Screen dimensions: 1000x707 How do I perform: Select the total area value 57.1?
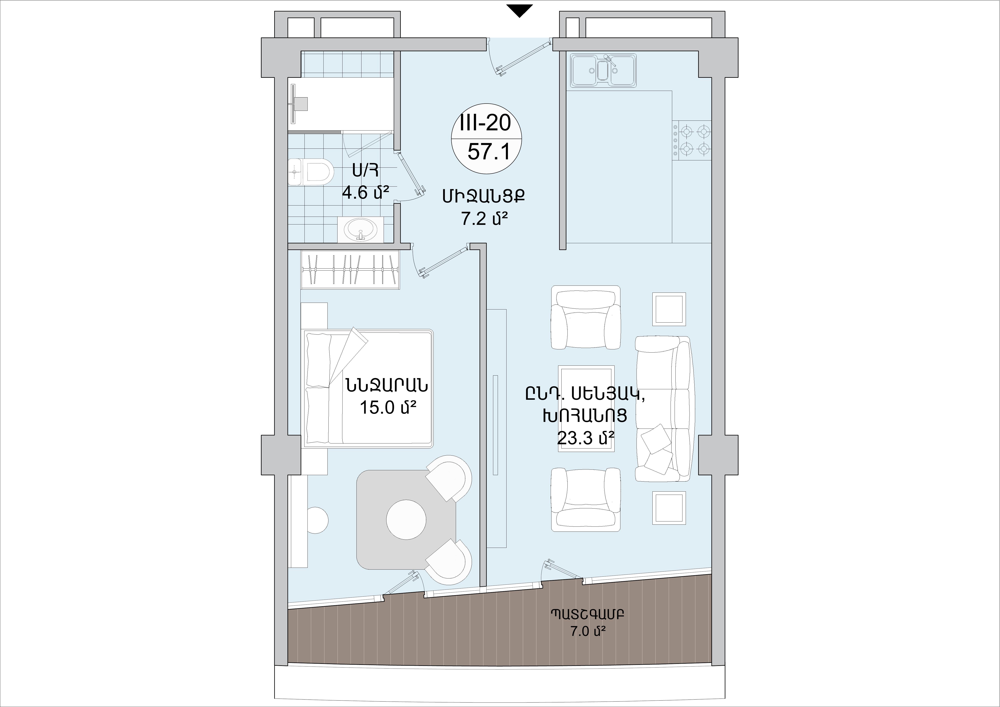(488, 152)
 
